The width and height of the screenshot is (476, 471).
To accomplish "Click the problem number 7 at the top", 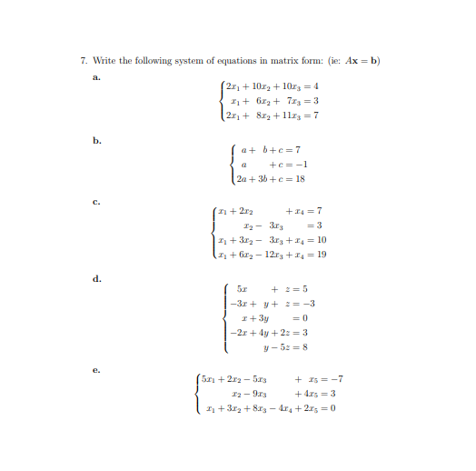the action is (x=83, y=61).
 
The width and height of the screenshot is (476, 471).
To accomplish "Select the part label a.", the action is (x=94, y=77).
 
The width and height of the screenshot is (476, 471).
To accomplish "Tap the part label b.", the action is (x=94, y=141).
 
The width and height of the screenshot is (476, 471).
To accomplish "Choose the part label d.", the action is (x=94, y=280).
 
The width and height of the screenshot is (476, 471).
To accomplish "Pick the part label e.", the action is (x=94, y=370).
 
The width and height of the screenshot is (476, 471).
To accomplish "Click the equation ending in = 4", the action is (x=270, y=86).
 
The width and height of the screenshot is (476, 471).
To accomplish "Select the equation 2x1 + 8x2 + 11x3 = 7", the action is (x=270, y=115).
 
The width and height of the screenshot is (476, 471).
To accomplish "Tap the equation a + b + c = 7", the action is (x=269, y=149).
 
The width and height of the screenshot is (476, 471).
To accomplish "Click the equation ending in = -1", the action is (x=269, y=165).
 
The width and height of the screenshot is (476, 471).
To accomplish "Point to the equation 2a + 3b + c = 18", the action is (x=269, y=179).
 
